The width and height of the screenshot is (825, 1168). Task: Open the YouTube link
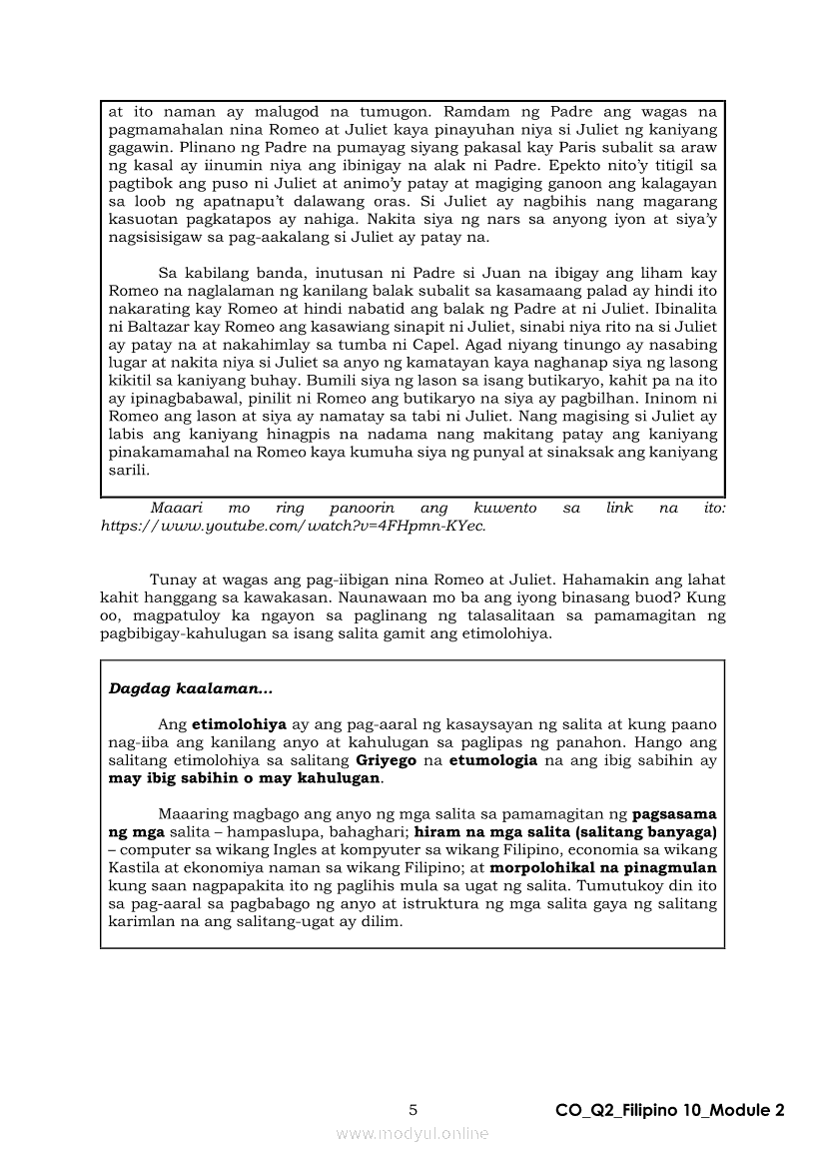[x=293, y=526]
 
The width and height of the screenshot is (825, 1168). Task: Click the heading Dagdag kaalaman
[x=190, y=688]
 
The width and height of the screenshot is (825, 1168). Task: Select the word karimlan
[x=140, y=921]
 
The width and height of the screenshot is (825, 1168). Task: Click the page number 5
[x=412, y=1109]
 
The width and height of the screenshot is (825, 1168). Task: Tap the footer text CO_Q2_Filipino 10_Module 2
[x=670, y=1110]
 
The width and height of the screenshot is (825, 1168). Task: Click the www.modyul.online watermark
[x=412, y=1133]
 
